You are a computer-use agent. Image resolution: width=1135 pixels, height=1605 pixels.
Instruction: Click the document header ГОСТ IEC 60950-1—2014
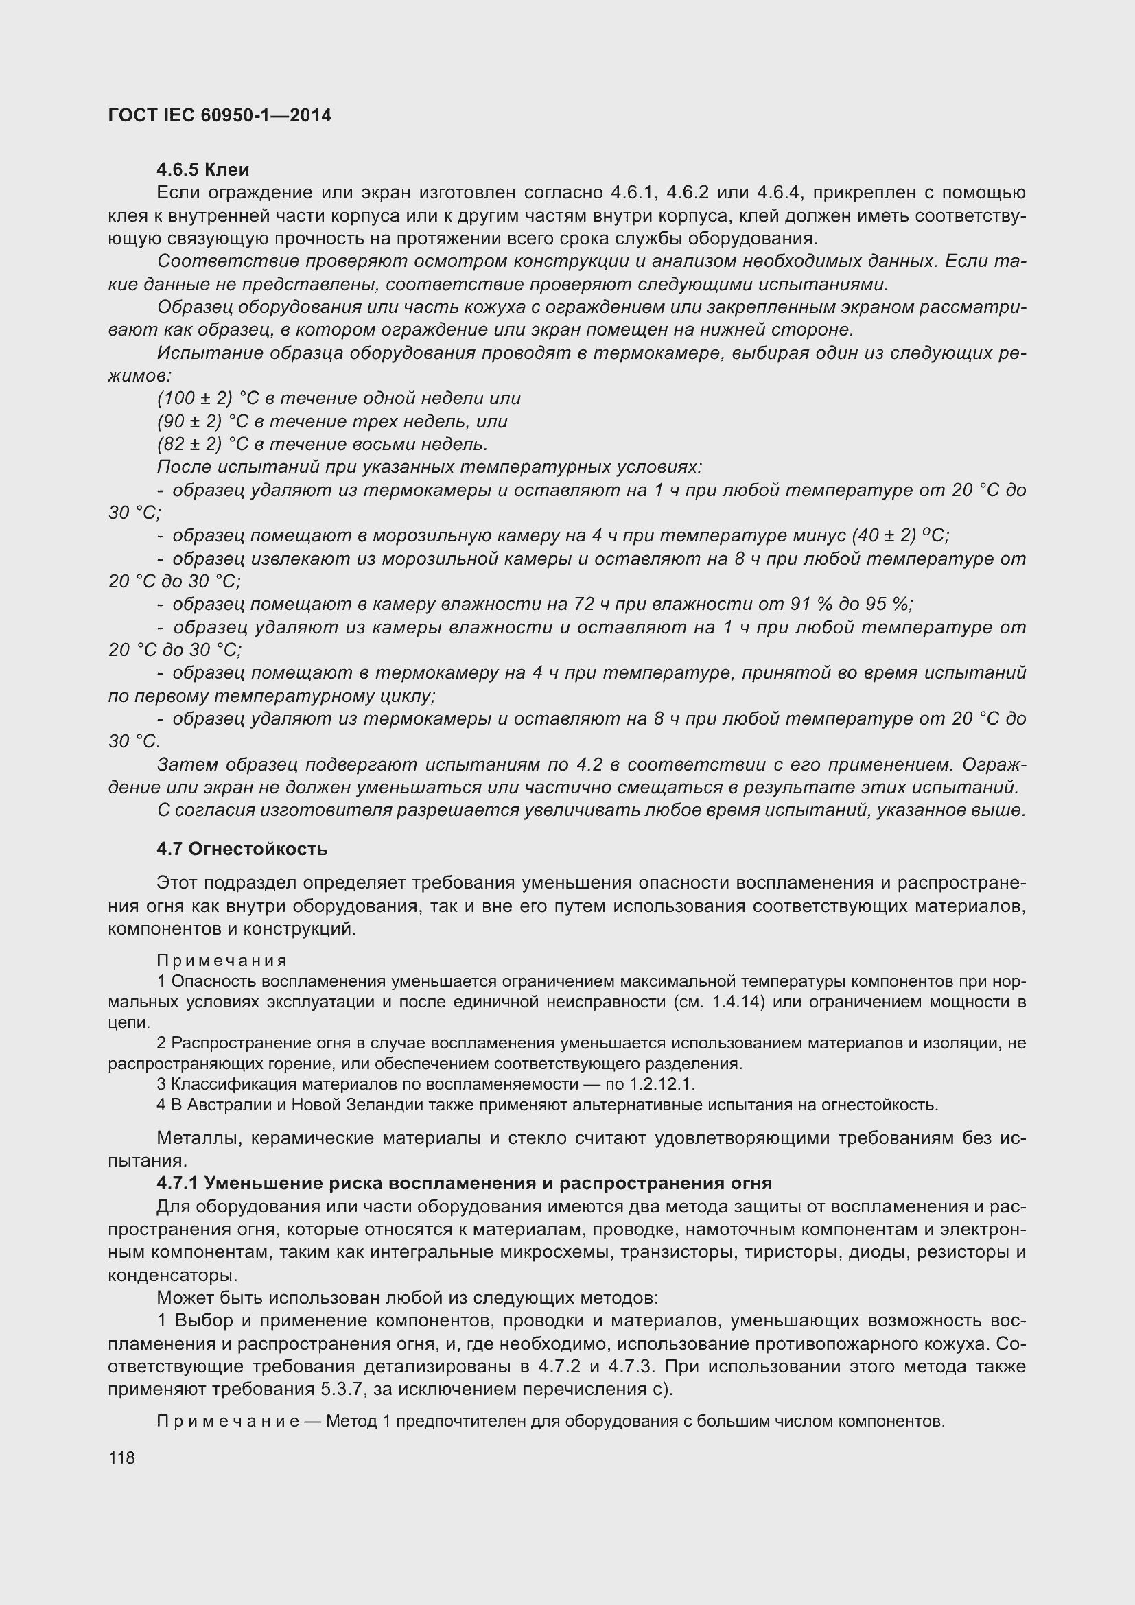click(220, 115)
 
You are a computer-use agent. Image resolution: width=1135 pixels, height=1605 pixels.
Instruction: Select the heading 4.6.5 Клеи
click(202, 170)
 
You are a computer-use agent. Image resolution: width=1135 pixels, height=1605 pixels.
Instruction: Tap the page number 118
click(121, 1457)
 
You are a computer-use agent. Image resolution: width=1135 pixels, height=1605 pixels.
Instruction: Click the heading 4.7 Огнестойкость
click(242, 850)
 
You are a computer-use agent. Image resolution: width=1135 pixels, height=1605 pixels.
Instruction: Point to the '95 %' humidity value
click(891, 604)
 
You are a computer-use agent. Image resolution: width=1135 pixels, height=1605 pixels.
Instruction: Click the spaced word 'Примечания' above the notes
click(222, 961)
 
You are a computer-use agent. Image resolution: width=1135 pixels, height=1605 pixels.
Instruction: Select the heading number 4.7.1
click(178, 1184)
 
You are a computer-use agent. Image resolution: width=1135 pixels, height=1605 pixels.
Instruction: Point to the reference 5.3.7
click(344, 1389)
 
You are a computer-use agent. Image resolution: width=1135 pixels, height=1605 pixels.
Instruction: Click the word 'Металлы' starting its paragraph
click(198, 1138)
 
